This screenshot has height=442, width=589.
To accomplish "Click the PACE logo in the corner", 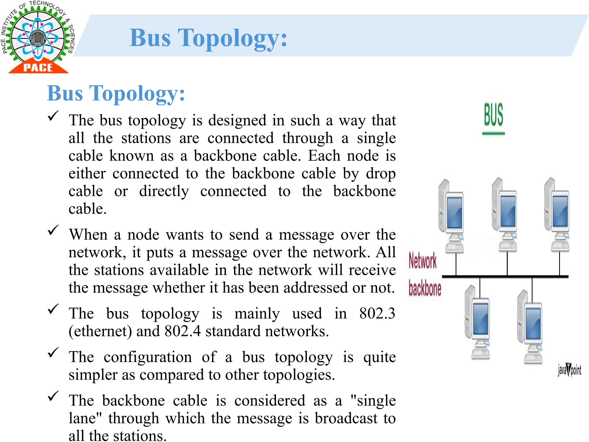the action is tap(37, 37).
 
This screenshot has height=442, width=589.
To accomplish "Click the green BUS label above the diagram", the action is tap(494, 115).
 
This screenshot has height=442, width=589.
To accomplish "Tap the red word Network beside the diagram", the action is tap(422, 261).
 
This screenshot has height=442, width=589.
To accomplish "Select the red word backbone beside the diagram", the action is tap(425, 288).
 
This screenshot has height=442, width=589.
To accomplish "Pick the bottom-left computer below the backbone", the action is tap(478, 322).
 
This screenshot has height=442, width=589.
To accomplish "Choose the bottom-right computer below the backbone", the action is tap(530, 327).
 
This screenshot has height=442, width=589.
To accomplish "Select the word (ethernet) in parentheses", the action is tap(100, 331).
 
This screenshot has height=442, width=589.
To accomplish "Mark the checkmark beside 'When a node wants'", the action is tap(53, 230).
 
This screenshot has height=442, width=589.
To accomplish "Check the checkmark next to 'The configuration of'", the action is tap(53, 353).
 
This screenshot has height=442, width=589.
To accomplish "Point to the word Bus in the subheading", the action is tap(65, 94).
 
